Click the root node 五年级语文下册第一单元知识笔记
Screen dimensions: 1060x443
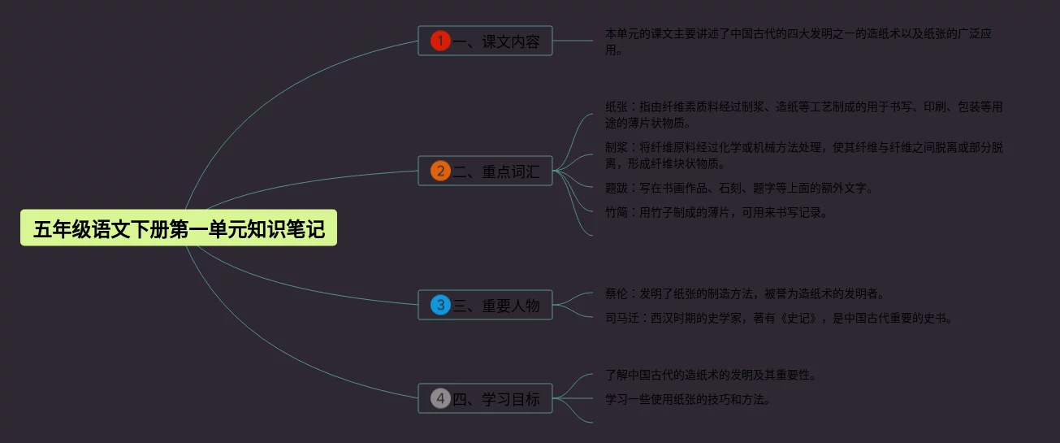click(179, 229)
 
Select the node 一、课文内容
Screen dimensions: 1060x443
click(485, 41)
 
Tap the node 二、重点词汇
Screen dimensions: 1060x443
click(485, 171)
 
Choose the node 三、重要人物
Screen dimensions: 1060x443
click(485, 305)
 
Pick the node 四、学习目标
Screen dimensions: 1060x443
click(485, 398)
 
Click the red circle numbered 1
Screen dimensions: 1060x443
click(440, 41)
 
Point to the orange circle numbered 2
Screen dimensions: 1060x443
click(440, 171)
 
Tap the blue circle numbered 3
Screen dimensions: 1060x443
click(440, 305)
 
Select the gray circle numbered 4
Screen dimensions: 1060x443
click(440, 398)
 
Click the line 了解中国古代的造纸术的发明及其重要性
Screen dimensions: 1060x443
click(711, 375)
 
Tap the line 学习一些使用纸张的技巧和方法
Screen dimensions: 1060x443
click(688, 399)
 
